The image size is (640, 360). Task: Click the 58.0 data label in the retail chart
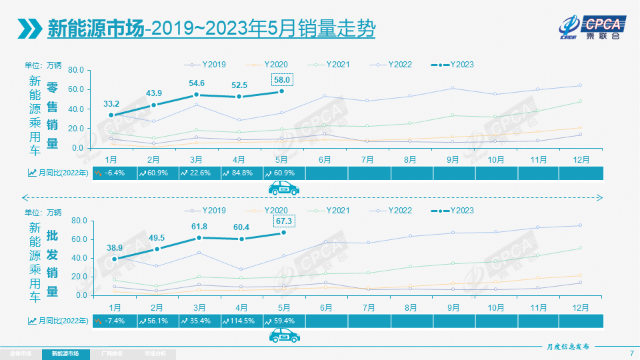pos(281,79)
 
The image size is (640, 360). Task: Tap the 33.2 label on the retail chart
pos(111,103)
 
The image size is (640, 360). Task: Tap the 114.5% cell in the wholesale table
pos(241,321)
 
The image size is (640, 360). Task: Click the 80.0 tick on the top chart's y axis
pos(75,70)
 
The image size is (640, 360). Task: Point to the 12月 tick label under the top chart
pos(580,160)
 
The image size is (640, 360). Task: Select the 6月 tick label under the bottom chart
pos(325,307)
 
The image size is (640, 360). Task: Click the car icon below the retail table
pos(284,189)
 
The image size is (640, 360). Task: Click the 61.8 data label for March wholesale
pos(199,227)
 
